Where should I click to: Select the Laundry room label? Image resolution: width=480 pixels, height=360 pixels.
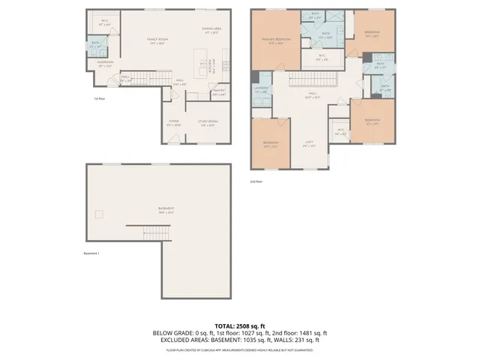(261, 91)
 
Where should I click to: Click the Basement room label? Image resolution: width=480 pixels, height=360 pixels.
(166, 209)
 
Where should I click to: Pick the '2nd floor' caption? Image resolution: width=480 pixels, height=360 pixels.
(256, 181)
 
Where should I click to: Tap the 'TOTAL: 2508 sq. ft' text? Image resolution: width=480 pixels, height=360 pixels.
(240, 326)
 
